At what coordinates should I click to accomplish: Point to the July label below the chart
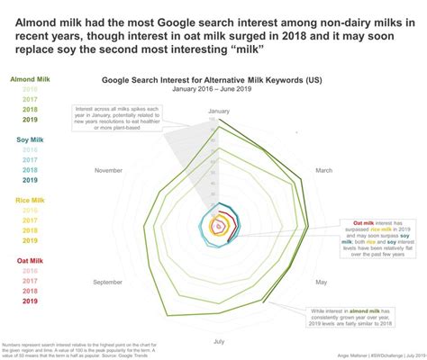tap(219, 341)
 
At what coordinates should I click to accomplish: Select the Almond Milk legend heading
tap(29, 80)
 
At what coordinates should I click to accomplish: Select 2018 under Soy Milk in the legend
tap(30, 169)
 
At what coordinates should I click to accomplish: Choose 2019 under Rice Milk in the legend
tap(30, 240)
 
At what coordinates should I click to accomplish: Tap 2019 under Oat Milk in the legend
tap(30, 301)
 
